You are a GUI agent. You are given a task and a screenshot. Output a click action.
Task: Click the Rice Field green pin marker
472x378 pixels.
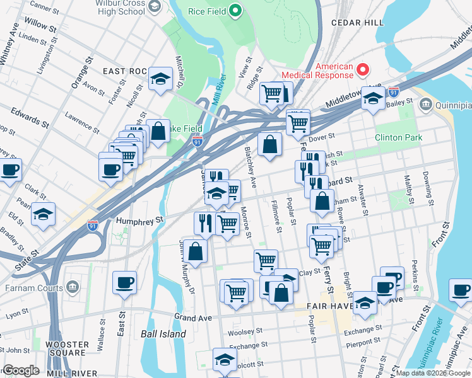236,11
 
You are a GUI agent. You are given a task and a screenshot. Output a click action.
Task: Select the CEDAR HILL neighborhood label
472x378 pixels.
357,23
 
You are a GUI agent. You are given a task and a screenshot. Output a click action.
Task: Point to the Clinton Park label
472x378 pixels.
397,137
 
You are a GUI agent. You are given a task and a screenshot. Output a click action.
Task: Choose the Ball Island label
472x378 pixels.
163,334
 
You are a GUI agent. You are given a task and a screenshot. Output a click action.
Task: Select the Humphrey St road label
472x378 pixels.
139,220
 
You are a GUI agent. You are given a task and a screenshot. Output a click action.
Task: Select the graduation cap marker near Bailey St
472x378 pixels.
374,98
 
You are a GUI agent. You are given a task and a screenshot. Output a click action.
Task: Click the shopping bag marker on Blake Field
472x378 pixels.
160,131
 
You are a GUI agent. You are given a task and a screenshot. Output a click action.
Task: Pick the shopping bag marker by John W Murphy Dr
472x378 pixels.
197,251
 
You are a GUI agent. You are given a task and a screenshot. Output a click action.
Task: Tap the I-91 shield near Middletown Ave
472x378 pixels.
393,91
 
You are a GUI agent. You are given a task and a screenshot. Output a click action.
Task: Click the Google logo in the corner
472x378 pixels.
21,370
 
